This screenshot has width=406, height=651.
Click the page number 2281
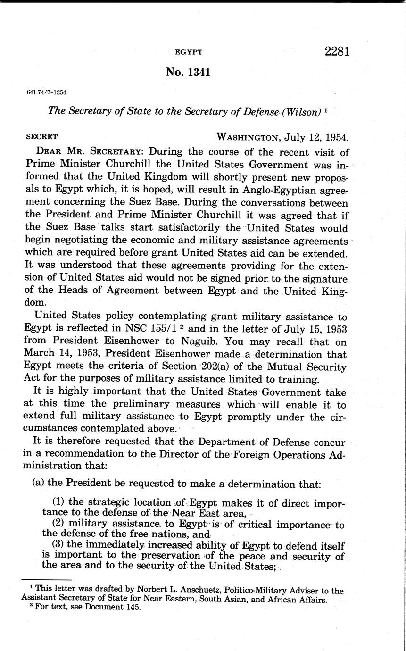pos(337,51)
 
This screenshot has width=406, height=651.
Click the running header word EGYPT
pos(189,52)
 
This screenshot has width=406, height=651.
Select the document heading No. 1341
pos(188,72)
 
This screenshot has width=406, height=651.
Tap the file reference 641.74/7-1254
pos(47,92)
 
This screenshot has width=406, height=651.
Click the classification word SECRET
pos(42,137)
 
